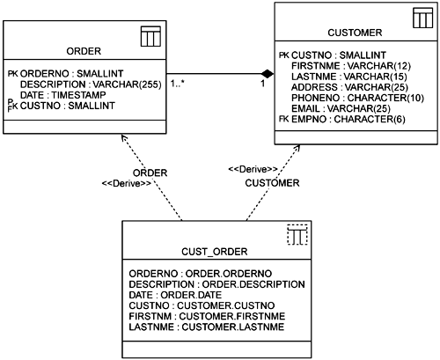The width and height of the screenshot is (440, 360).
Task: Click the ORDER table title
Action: tap(84, 51)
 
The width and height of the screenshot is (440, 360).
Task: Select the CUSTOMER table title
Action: tap(355, 33)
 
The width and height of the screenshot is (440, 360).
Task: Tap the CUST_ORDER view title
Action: tap(215, 252)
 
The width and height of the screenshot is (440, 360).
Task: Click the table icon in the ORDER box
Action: tap(150, 36)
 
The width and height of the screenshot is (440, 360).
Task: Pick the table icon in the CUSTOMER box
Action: tap(423, 18)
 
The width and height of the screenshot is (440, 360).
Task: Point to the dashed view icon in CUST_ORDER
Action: tap(297, 234)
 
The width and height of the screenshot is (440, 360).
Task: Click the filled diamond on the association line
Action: tap(268, 74)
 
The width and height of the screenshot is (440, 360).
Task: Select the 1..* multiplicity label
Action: tap(178, 84)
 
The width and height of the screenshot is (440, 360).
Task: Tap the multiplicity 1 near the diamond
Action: tap(263, 84)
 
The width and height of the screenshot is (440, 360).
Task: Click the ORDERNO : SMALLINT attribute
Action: tap(72, 73)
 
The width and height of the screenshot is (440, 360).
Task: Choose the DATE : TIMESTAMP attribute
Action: tap(63, 95)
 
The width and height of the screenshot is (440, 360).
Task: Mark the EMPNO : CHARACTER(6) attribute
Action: tap(348, 119)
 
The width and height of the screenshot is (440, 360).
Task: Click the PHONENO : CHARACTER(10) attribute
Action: tap(357, 98)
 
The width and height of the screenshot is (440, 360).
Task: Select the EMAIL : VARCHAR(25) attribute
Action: tap(341, 108)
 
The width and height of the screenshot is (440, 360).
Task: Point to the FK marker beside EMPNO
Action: tap(284, 119)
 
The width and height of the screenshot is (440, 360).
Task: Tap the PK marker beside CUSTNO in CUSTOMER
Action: tap(284, 55)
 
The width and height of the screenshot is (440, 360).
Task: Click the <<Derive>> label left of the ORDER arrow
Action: tap(127, 184)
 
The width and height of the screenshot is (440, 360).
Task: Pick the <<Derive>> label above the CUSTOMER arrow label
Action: tap(253, 169)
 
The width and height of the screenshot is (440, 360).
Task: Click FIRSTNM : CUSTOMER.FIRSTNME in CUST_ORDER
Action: tap(207, 316)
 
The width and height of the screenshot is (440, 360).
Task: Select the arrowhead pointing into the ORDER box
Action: tap(123, 137)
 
